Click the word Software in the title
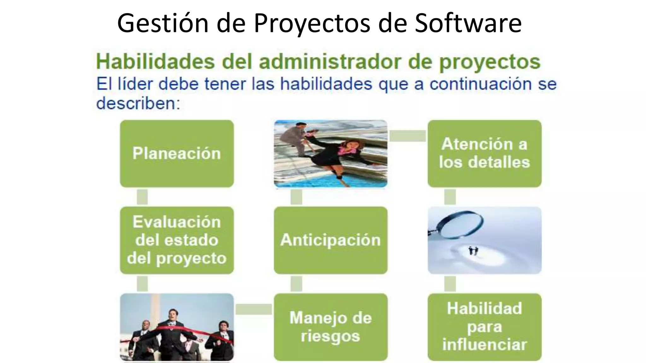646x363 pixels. click(x=468, y=23)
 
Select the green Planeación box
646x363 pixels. click(x=177, y=153)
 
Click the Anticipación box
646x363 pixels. click(x=331, y=240)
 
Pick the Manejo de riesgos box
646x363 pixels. click(x=331, y=327)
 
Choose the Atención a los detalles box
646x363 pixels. click(x=484, y=153)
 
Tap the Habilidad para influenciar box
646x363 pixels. click(x=484, y=327)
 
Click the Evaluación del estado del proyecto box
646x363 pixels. click(x=177, y=240)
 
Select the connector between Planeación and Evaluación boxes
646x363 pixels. click(x=142, y=197)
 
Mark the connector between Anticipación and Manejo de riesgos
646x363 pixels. click(x=296, y=284)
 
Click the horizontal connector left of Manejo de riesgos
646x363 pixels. click(x=254, y=309)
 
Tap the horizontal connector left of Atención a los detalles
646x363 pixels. click(x=408, y=136)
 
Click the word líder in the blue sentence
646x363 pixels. click(x=136, y=84)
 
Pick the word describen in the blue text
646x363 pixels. click(x=138, y=103)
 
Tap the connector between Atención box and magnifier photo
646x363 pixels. click(x=450, y=197)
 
